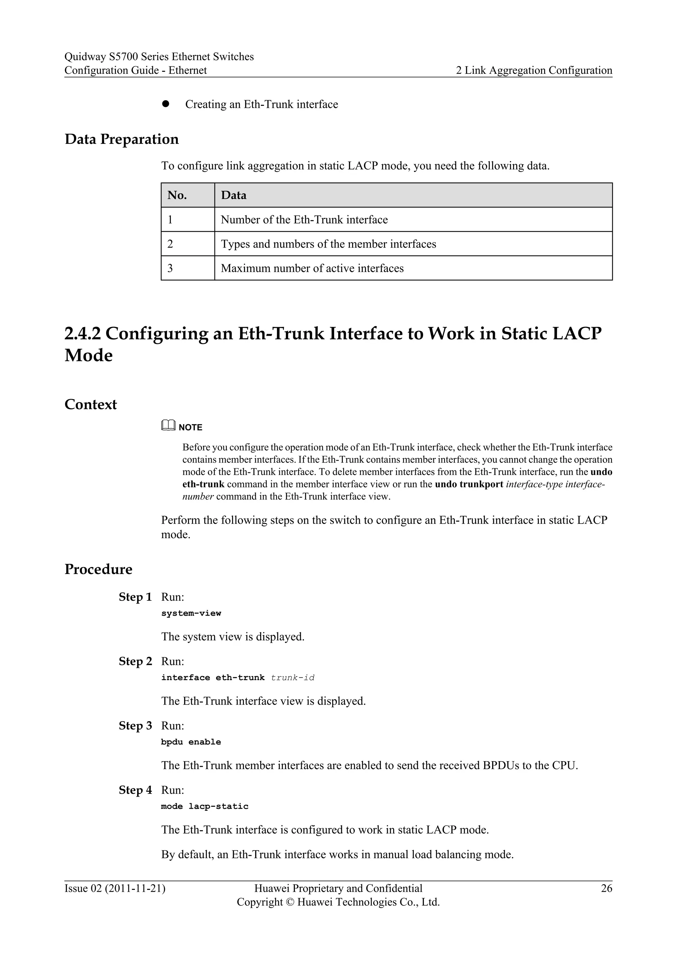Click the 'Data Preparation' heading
(121, 139)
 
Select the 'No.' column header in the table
(177, 195)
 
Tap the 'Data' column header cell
(233, 195)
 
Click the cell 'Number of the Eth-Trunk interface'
(304, 220)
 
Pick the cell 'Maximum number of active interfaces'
(312, 268)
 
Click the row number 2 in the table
(170, 244)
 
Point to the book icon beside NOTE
(168, 426)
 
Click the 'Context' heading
(91, 404)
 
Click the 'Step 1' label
(135, 597)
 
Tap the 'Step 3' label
(135, 725)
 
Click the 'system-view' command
(191, 613)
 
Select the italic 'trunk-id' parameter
(293, 677)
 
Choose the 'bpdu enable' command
(191, 742)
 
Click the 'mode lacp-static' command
(205, 806)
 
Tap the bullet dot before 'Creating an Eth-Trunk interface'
(166, 104)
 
